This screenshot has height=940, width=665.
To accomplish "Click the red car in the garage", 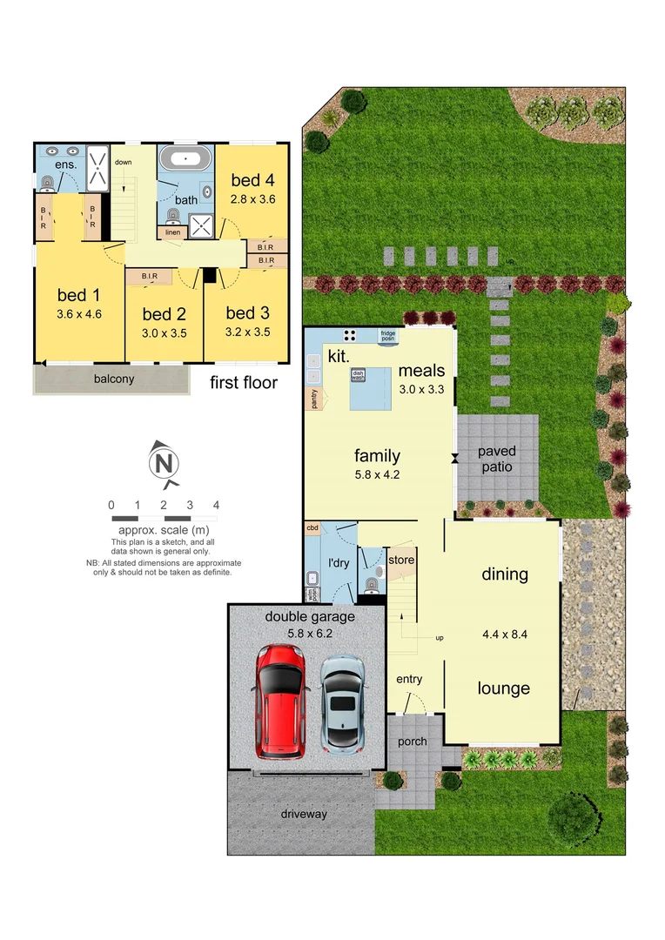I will click(x=280, y=701).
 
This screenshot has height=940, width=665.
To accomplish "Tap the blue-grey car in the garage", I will click(x=344, y=703).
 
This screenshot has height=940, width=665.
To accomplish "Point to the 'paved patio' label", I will click(x=496, y=459).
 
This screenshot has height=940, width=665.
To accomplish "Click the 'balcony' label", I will click(x=114, y=379).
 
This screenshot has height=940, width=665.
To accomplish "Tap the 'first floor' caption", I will click(x=244, y=382).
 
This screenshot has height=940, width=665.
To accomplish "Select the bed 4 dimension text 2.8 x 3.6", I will click(x=252, y=199).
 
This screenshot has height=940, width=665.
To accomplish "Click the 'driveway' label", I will click(x=304, y=814).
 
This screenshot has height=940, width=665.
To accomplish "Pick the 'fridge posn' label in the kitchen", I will click(x=388, y=334).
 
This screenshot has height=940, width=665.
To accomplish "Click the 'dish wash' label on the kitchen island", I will click(x=358, y=375).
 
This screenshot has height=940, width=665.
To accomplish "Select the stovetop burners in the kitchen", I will click(x=351, y=334).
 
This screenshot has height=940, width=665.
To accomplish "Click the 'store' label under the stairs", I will click(x=401, y=560).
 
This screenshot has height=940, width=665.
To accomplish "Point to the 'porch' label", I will click(x=412, y=742).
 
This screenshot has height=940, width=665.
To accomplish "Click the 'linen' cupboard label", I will click(x=173, y=232).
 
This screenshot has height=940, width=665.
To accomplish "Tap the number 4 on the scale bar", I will click(x=216, y=505).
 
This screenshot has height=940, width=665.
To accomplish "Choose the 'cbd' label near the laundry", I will click(x=312, y=528).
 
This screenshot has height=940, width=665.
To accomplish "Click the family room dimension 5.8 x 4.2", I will click(x=377, y=475).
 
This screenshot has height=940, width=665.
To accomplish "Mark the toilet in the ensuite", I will click(x=48, y=182).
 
